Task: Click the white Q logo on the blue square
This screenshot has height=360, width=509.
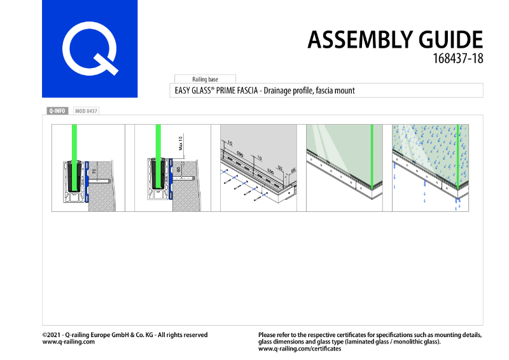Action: [x=90, y=50]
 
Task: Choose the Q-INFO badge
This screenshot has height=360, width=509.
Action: [x=57, y=111]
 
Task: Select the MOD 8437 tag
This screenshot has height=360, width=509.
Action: [x=86, y=111]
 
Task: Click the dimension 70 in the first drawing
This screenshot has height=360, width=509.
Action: [x=94, y=172]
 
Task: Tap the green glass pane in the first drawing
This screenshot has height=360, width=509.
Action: [x=75, y=143]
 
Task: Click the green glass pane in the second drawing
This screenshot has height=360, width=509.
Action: [x=158, y=143]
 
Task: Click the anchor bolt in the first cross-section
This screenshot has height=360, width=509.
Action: [x=100, y=183]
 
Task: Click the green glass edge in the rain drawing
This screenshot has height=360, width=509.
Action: [x=457, y=153]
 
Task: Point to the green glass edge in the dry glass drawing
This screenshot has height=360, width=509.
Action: [x=372, y=153]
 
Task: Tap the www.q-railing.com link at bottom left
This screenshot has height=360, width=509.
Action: [x=69, y=342]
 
